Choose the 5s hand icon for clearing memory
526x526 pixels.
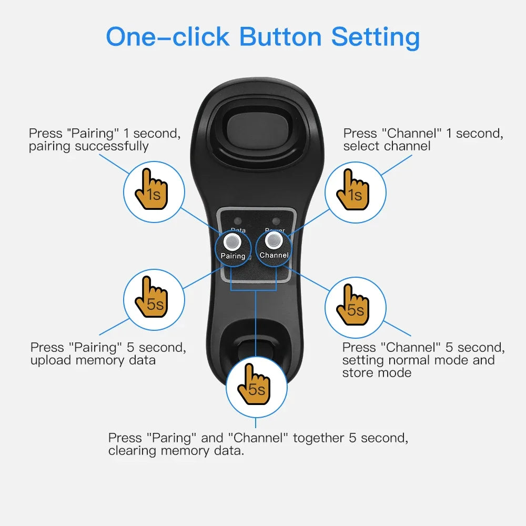(256, 386)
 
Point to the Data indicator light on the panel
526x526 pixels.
(238, 221)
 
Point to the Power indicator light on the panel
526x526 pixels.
(275, 221)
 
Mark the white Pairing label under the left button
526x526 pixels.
(233, 256)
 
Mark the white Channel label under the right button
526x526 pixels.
(274, 255)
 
